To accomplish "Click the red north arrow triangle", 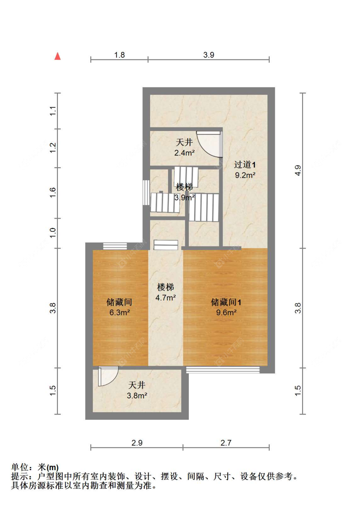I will [58, 56].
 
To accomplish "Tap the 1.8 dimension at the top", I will [119, 55].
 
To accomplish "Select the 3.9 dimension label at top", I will [209, 55].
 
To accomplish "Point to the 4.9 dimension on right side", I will [298, 170].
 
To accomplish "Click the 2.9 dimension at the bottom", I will [137, 443].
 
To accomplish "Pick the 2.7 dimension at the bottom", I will [226, 443].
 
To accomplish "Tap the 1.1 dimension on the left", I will [53, 111].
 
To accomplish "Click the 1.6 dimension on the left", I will [53, 192].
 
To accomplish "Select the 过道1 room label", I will [245, 165].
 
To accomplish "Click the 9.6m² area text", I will [226, 313].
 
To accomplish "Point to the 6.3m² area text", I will [120, 313].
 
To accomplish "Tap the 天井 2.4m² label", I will [185, 147].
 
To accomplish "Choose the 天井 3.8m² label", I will [137, 390].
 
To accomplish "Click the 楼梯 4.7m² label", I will [165, 292].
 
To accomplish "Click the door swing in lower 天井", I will [108, 376].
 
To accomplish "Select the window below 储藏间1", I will [223, 370].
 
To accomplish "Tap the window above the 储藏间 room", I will [115, 246].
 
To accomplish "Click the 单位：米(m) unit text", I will [35, 467].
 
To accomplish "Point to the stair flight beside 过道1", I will [204, 207].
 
